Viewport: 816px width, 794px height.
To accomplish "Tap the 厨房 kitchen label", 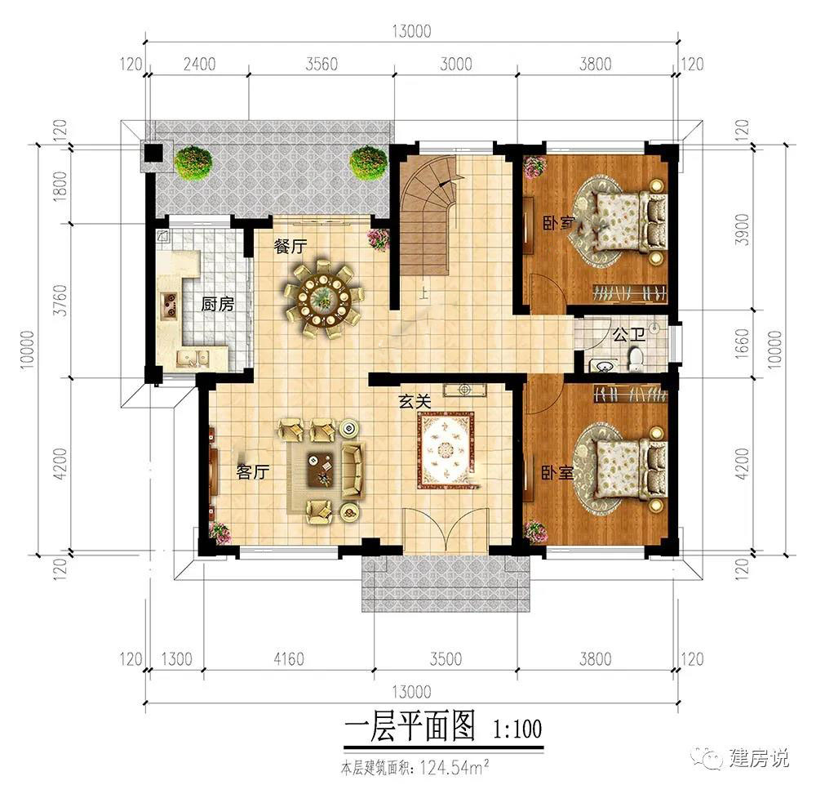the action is (218, 304).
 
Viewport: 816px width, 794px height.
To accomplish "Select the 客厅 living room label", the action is (252, 471).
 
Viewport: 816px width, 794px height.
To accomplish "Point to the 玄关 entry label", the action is (415, 401).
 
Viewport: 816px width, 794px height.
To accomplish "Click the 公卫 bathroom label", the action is (628, 334).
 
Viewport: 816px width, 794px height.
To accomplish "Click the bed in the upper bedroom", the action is (630, 221).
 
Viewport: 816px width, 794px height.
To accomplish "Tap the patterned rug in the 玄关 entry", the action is (446, 450).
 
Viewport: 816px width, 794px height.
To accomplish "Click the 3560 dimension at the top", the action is (321, 64).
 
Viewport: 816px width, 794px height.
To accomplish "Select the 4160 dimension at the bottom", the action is (289, 658).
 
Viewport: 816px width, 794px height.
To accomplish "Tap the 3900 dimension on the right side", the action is (743, 230).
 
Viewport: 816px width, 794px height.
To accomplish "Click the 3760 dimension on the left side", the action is (61, 300).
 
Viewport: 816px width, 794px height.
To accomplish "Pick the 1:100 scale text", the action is (517, 729).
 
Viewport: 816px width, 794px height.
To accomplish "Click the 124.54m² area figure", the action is (455, 767).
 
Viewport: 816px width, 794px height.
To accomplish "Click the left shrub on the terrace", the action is (193, 164).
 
